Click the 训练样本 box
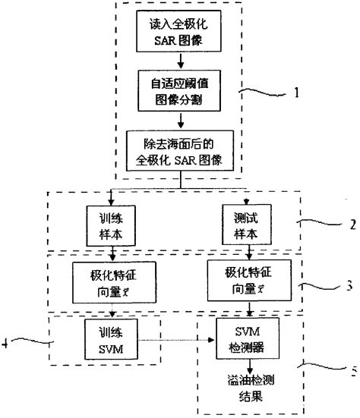pos(112,223)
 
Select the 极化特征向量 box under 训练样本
pos(112,278)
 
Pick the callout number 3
pos(348,286)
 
